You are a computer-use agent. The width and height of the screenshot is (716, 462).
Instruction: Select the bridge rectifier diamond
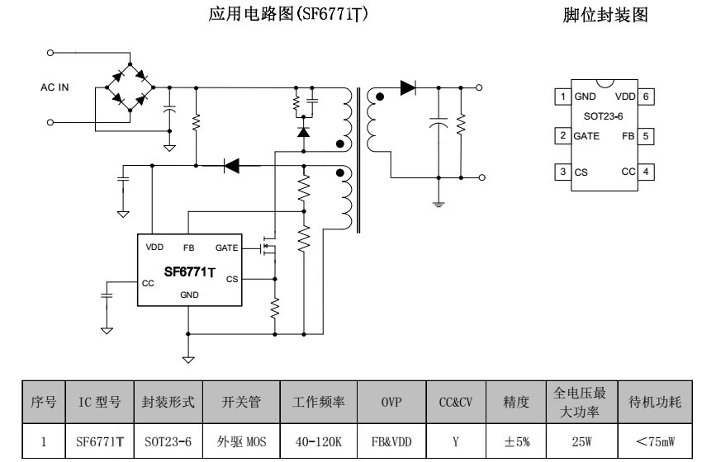(x=130, y=86)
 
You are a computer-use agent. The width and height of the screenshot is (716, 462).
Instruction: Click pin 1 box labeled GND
(x=562, y=97)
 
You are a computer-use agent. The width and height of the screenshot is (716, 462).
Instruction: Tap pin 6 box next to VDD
(x=646, y=97)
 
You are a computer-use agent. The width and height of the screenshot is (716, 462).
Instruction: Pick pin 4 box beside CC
(x=646, y=172)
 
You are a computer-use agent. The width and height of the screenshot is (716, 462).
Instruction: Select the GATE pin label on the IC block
(x=226, y=247)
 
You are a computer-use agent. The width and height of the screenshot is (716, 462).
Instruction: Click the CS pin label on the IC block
(x=232, y=279)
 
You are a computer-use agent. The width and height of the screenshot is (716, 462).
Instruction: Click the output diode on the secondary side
(x=406, y=87)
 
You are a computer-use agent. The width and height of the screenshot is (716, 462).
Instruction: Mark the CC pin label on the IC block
(x=149, y=283)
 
